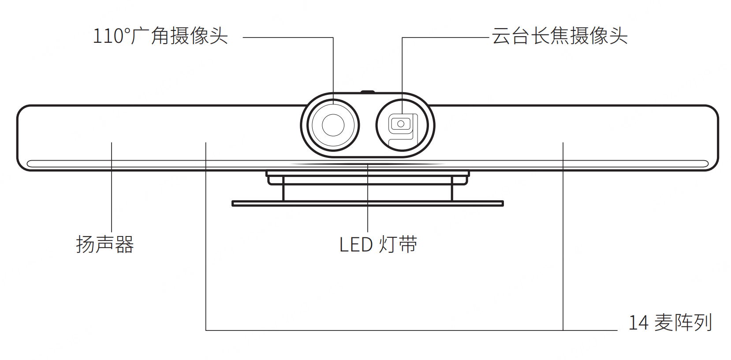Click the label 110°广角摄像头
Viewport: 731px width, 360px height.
[x=160, y=36]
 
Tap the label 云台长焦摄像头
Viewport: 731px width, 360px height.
[x=559, y=36]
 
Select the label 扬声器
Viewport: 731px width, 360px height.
[x=105, y=244]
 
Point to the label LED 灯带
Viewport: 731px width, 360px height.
[x=378, y=244]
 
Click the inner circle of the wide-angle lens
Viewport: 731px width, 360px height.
[x=333, y=125]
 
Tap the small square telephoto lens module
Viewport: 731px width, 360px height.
[x=400, y=124]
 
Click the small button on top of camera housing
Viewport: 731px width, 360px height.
[x=367, y=92]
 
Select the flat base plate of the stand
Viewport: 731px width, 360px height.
[x=367, y=203]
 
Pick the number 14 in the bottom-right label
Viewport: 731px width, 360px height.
[x=638, y=323]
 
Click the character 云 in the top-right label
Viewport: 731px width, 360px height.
[x=501, y=36]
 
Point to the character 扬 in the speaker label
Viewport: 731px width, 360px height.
[x=85, y=244]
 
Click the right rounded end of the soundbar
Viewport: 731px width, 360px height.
[x=710, y=138]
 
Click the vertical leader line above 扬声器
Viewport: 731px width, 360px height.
[x=112, y=185]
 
